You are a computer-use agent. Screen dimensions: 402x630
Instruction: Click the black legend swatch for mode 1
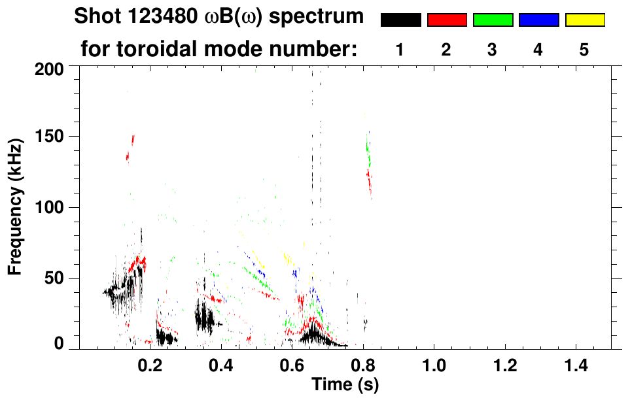pos(400,20)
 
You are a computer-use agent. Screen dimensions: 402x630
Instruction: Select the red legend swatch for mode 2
pos(447,20)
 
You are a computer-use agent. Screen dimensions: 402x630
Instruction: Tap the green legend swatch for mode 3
pos(493,20)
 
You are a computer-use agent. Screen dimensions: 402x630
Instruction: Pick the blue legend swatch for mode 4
pos(538,20)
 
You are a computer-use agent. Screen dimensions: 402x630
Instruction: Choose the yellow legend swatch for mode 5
pos(584,20)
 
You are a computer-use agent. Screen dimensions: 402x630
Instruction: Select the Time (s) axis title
pos(345,384)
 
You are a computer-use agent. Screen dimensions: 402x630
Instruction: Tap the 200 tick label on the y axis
pos(50,69)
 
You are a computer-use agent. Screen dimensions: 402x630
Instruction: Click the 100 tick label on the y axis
pos(50,208)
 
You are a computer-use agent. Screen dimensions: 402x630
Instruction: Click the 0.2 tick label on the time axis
pos(150,363)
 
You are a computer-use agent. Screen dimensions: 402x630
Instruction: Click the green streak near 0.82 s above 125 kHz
pos(368,154)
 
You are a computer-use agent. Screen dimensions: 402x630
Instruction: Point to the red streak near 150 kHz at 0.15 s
pos(132,141)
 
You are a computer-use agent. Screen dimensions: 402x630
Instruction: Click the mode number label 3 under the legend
pos(492,50)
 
